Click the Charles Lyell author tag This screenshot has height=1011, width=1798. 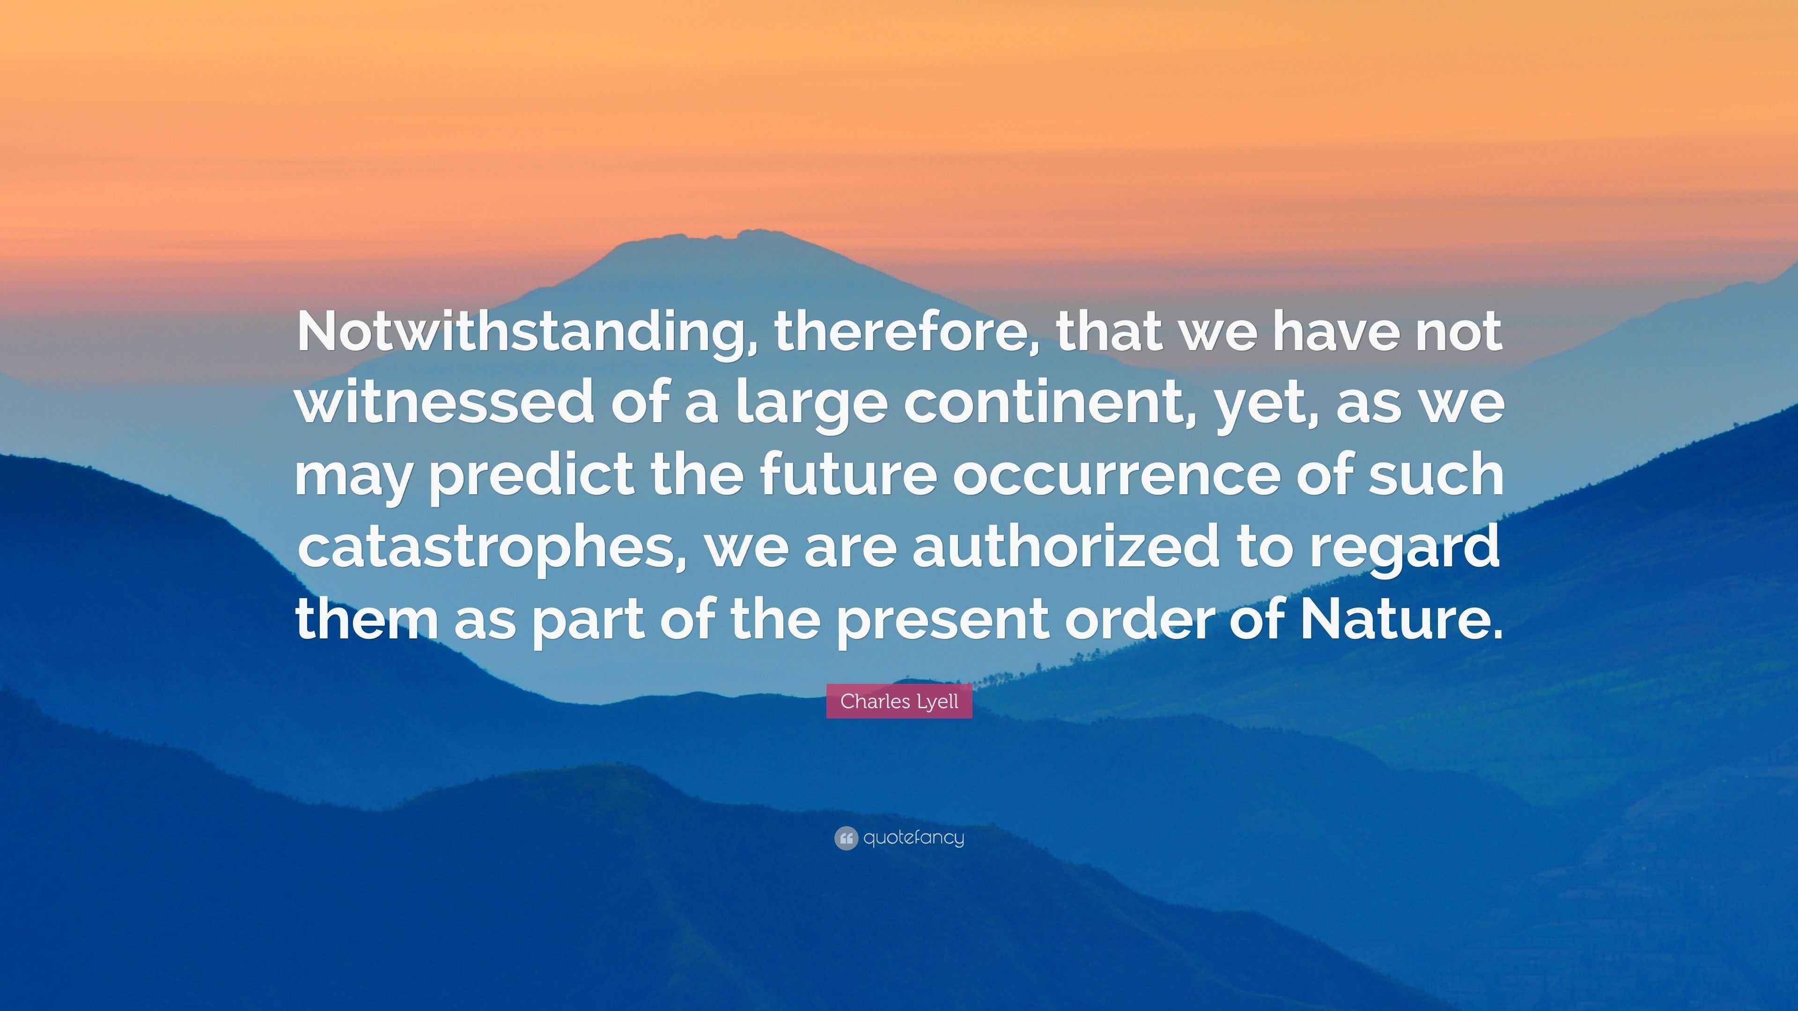coord(899,701)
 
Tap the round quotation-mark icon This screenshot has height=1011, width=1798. coord(845,838)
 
